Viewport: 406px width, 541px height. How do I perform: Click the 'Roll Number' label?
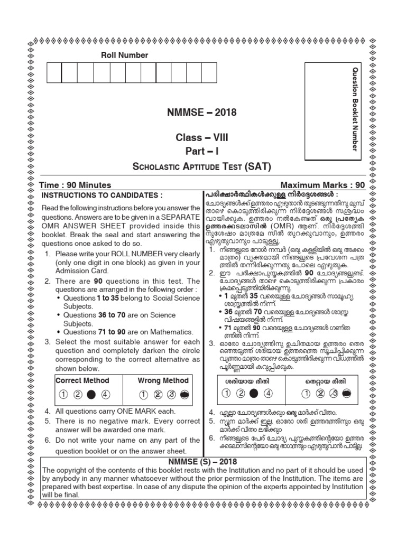coord(125,55)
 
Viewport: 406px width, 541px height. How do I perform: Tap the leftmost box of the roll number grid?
coord(54,72)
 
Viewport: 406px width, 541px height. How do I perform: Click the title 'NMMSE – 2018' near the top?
coord(202,113)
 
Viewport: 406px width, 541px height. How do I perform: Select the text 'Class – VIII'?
coord(202,138)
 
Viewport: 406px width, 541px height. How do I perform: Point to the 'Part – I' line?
coord(202,151)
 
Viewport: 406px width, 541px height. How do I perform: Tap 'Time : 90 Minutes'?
coord(75,185)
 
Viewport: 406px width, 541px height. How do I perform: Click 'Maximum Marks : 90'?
coord(322,185)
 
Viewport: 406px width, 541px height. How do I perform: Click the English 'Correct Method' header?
coord(82,380)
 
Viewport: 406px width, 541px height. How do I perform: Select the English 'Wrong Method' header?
coord(163,380)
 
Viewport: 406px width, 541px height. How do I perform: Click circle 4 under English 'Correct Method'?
coord(105,394)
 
